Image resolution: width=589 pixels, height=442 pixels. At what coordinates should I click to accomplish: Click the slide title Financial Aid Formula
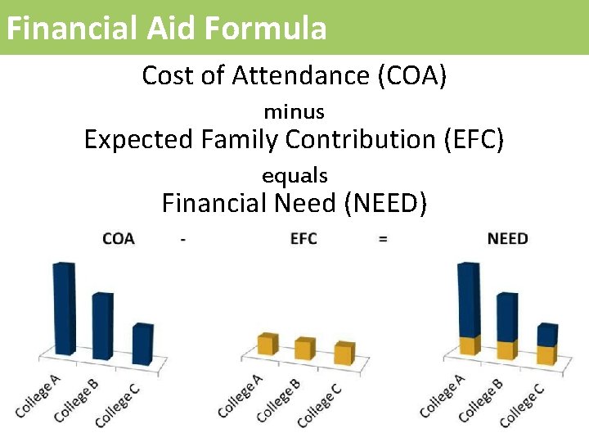click(166, 28)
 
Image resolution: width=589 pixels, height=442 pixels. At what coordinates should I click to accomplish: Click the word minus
click(294, 111)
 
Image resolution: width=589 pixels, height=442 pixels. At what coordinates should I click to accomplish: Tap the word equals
click(294, 175)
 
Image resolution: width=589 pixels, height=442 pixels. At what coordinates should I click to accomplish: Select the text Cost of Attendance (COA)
click(294, 75)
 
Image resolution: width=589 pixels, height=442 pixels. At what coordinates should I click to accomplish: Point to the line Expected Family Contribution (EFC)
click(294, 140)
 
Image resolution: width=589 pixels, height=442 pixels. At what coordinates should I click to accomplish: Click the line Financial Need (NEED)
click(294, 202)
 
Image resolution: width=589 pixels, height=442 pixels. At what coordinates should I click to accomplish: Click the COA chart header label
click(119, 239)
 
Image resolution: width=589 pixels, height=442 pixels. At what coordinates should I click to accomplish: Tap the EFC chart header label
click(303, 239)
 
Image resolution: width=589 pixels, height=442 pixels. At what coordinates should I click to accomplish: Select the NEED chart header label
click(507, 239)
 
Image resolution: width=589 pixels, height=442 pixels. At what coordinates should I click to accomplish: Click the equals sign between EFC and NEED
click(383, 239)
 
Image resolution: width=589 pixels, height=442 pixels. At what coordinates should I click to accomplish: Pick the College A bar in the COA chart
click(64, 309)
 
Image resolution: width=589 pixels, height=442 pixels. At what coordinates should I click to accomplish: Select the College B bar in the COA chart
click(102, 326)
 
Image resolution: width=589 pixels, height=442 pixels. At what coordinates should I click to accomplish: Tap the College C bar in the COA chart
click(142, 344)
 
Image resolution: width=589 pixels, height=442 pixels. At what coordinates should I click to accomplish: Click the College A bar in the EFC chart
click(267, 344)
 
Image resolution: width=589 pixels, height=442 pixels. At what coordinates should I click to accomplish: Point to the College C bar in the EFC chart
click(344, 353)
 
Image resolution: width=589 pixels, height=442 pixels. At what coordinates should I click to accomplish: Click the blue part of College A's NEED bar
click(468, 299)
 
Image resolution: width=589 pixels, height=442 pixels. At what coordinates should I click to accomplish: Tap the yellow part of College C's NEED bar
click(545, 354)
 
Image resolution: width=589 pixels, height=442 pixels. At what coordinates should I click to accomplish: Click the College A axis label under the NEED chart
click(443, 395)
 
